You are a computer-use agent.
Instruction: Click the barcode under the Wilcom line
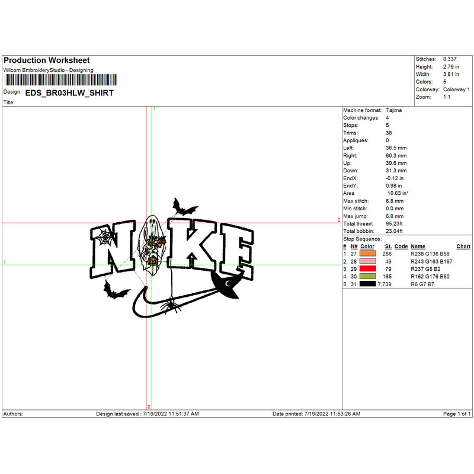(60, 80)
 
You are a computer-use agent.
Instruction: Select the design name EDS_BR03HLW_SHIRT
(69, 93)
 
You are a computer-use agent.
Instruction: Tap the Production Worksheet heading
(47, 60)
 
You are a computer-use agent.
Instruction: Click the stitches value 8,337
(450, 59)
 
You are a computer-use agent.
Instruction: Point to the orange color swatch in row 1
(367, 254)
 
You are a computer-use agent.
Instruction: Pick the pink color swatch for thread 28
(367, 261)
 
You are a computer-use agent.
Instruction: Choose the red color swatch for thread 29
(367, 269)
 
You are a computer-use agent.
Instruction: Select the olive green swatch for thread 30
(367, 276)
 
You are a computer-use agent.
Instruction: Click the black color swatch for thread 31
(367, 284)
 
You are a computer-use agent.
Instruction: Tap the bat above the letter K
(184, 208)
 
